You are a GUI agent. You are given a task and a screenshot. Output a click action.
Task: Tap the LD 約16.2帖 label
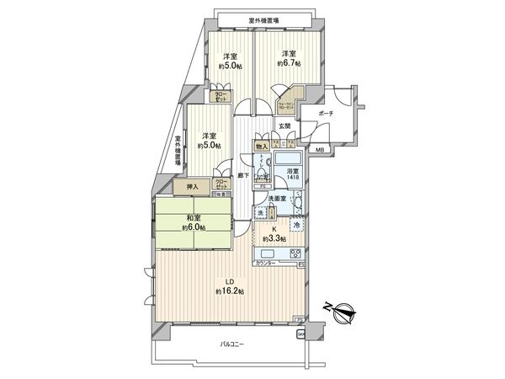pos(229,286)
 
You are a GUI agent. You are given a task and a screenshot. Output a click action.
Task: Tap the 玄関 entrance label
pos(285,126)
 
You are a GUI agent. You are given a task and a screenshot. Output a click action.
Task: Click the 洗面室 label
pos(277,199)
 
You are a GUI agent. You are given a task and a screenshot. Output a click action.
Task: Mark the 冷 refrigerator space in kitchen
pos(296,225)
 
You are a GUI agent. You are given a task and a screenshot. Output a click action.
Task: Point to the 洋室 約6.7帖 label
pos(289,57)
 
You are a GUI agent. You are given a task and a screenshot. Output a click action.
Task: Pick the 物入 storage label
pos(263,146)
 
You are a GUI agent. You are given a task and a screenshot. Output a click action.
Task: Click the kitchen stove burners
pos(295,254)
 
